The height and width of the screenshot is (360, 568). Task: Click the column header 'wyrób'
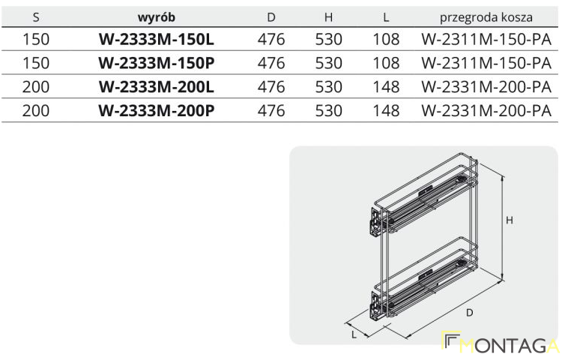point(157,17)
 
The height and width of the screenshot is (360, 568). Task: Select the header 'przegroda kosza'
point(486,17)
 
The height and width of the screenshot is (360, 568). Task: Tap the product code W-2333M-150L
point(157,39)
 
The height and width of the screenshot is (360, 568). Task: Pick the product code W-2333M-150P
point(157,63)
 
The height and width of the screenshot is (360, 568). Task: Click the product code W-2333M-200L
point(157,87)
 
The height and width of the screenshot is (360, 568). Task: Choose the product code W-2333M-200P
point(157,111)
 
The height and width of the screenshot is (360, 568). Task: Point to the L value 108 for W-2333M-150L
point(386,39)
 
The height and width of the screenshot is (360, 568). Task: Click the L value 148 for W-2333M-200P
point(386,111)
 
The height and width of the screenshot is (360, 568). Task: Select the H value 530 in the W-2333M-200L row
point(328,87)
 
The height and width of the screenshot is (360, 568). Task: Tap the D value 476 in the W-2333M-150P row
point(271,63)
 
